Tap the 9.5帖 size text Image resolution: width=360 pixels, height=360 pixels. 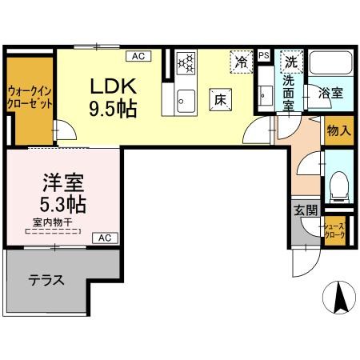112,107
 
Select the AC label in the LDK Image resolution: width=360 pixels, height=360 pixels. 138,56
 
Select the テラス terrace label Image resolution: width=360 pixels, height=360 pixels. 46,281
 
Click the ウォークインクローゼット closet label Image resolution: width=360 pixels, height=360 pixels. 30,97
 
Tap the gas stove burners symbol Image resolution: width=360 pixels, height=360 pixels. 186,62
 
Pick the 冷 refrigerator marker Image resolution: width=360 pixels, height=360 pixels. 240,59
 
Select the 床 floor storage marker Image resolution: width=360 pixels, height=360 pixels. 222,98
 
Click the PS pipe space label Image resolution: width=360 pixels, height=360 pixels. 264,54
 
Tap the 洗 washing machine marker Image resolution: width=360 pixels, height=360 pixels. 292,61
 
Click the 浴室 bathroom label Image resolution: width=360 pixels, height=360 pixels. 331,92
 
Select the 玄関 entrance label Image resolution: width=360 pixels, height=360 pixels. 304,210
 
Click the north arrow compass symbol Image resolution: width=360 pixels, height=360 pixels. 338,298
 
